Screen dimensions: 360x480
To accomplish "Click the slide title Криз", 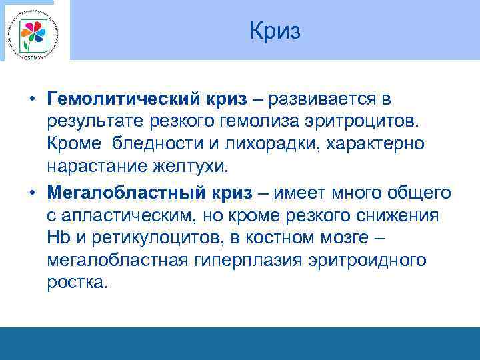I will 275,31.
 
